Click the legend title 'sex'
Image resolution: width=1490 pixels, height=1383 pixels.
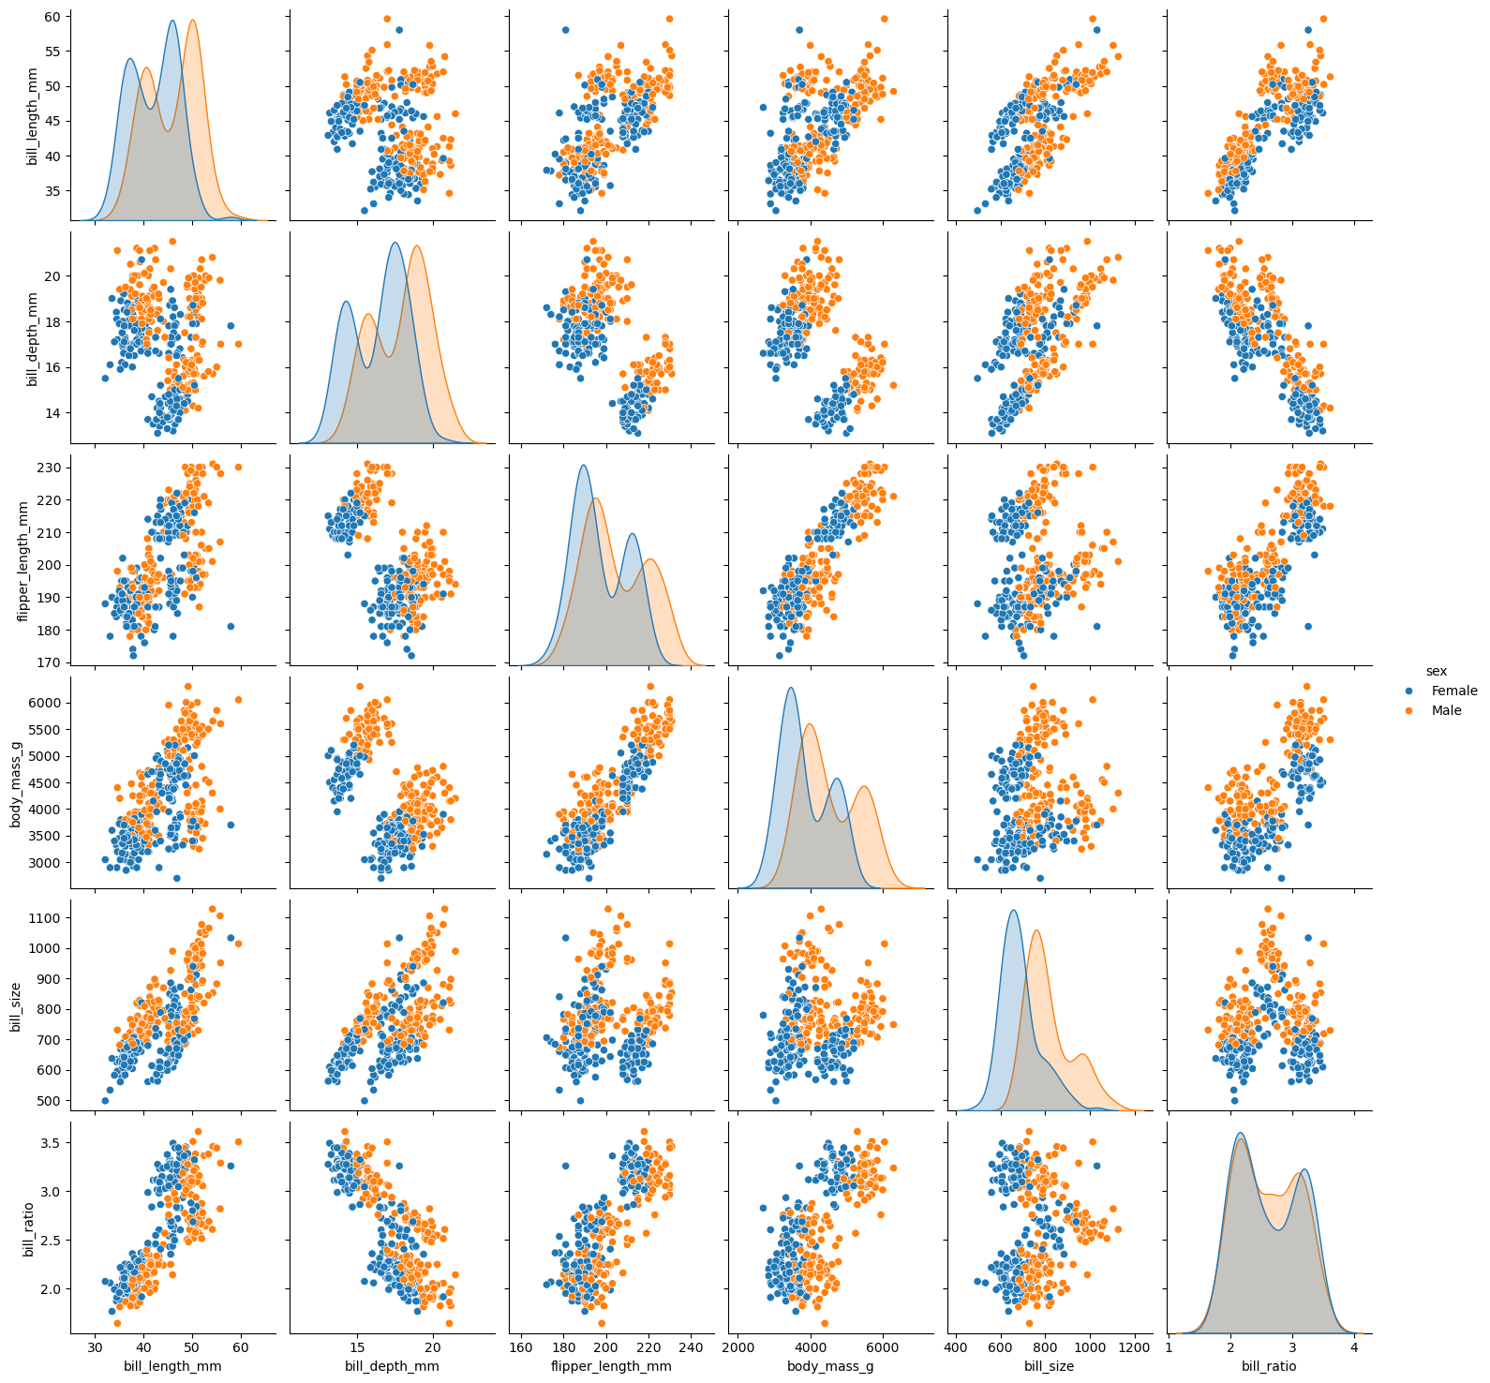[1436, 671]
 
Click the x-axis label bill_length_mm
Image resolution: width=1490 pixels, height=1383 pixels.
[172, 1366]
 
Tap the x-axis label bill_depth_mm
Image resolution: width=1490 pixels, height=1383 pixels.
[392, 1366]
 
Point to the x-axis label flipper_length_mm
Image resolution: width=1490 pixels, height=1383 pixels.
[611, 1366]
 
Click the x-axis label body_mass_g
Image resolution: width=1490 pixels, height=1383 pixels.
[831, 1366]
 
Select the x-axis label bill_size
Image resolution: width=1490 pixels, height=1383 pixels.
[1050, 1366]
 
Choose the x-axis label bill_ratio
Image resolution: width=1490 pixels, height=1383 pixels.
[1269, 1366]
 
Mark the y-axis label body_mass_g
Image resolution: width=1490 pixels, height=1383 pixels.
[16, 781]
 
